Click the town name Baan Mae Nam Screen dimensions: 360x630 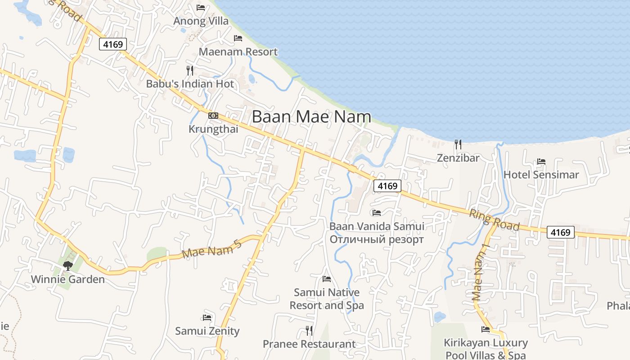click(x=311, y=117)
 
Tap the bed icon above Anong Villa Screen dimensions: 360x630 click(x=201, y=7)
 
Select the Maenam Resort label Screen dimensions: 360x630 click(x=238, y=52)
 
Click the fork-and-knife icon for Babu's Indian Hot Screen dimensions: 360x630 click(x=190, y=71)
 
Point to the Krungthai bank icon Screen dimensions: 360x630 click(x=213, y=116)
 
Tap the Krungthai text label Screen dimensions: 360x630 click(x=213, y=129)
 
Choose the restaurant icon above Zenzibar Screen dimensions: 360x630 click(x=458, y=144)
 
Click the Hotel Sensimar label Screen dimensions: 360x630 click(x=541, y=175)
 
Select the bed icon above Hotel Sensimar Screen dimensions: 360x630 click(x=541, y=162)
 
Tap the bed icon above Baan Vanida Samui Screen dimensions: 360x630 click(x=377, y=212)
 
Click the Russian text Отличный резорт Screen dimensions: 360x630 click(x=377, y=239)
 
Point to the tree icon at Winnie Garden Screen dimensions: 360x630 click(x=68, y=265)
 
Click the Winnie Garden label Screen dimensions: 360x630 click(x=68, y=279)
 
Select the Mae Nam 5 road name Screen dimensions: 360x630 click(x=212, y=249)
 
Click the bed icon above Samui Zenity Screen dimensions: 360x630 click(x=207, y=317)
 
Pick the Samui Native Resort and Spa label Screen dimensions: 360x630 click(x=327, y=299)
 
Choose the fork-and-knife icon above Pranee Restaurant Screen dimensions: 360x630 click(x=309, y=331)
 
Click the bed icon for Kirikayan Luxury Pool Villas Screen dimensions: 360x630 click(x=485, y=329)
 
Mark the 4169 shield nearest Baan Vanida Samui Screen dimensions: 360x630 click(x=387, y=186)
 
